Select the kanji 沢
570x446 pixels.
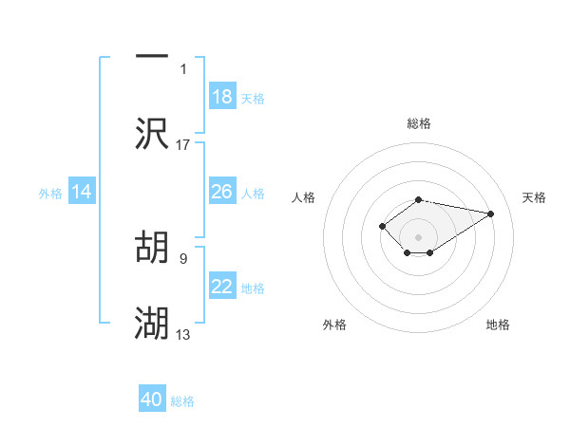[152, 134]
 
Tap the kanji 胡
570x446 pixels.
[152, 249]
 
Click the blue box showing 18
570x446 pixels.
[222, 97]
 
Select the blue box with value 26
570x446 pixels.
[222, 192]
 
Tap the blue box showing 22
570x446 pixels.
[222, 287]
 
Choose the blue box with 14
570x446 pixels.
[82, 192]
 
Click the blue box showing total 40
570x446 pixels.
[152, 400]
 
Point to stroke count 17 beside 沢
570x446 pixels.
[183, 144]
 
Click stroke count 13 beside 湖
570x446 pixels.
[183, 334]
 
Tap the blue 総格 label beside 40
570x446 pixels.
[183, 401]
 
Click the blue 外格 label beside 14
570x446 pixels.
[50, 194]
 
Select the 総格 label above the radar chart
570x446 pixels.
[419, 123]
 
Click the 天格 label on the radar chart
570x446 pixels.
[534, 197]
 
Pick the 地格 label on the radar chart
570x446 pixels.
[498, 325]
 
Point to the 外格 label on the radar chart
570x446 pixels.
[334, 325]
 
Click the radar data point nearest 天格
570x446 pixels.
[490, 214]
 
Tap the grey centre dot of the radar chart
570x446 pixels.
[419, 236]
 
